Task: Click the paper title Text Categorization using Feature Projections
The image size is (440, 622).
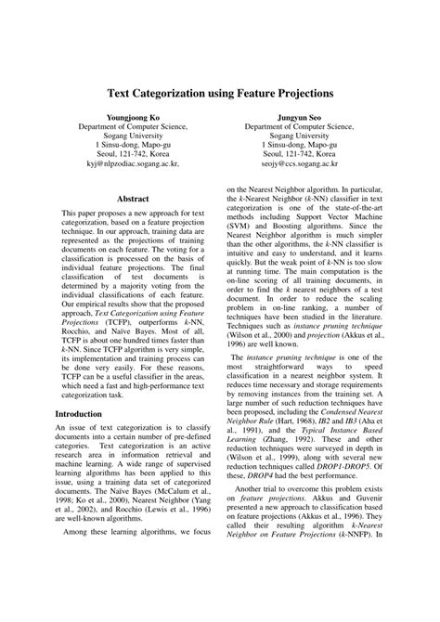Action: pos(219,94)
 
